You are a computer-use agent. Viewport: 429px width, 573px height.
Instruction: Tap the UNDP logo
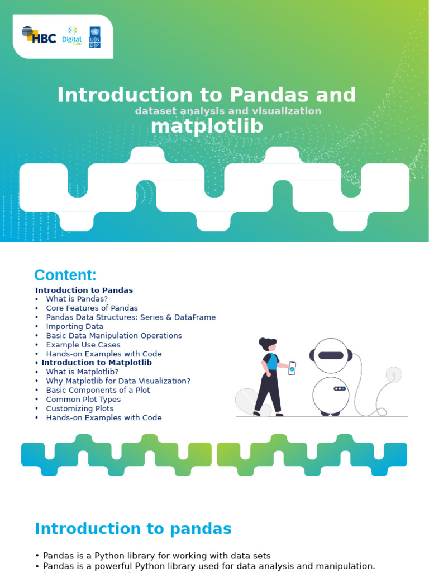[95, 36]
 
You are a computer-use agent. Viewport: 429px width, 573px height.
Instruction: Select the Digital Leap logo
[72, 36]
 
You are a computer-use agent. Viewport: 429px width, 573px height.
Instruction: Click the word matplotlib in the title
[207, 126]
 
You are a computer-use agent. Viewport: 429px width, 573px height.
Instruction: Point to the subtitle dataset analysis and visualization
[228, 111]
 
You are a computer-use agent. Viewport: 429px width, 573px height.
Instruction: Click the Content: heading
[65, 275]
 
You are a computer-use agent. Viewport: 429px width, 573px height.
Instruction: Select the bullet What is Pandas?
[77, 299]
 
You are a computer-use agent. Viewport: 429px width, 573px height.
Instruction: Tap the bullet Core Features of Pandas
[92, 308]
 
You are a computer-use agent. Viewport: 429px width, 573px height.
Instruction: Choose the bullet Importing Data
[74, 326]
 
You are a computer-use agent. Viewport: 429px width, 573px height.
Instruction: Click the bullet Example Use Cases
[83, 345]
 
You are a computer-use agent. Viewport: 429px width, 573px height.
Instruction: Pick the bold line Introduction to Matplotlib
[97, 363]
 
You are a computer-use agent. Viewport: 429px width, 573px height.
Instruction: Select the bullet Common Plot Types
[83, 400]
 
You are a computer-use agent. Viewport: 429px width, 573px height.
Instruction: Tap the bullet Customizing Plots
[80, 408]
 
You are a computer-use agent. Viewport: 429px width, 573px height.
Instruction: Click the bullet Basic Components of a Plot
[98, 390]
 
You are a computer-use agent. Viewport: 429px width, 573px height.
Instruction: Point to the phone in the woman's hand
[292, 368]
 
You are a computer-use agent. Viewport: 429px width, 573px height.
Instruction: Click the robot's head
[331, 355]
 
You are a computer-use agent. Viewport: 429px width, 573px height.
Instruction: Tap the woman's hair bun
[263, 341]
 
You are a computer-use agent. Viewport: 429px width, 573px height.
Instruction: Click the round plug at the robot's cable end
[394, 374]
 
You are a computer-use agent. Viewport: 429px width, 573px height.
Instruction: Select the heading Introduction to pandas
[133, 529]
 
